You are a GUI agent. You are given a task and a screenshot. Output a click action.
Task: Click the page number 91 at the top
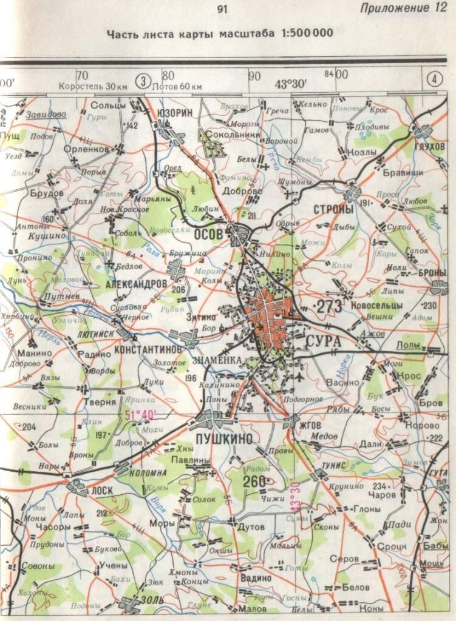222,9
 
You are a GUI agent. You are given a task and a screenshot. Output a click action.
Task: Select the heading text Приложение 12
403,8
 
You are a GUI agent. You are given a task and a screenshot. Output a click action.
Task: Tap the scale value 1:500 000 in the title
307,33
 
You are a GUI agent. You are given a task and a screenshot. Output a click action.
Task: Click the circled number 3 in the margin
143,80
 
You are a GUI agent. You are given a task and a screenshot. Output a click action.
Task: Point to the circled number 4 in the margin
434,79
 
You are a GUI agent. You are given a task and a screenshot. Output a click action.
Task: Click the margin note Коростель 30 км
92,87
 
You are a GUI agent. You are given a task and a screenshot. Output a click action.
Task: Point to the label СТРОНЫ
333,209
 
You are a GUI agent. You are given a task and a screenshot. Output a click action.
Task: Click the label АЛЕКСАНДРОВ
136,284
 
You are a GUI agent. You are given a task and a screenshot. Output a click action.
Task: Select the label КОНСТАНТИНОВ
148,351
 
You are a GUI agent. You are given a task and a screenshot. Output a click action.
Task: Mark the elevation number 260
255,482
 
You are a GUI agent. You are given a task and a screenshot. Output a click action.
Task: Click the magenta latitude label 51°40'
140,415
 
